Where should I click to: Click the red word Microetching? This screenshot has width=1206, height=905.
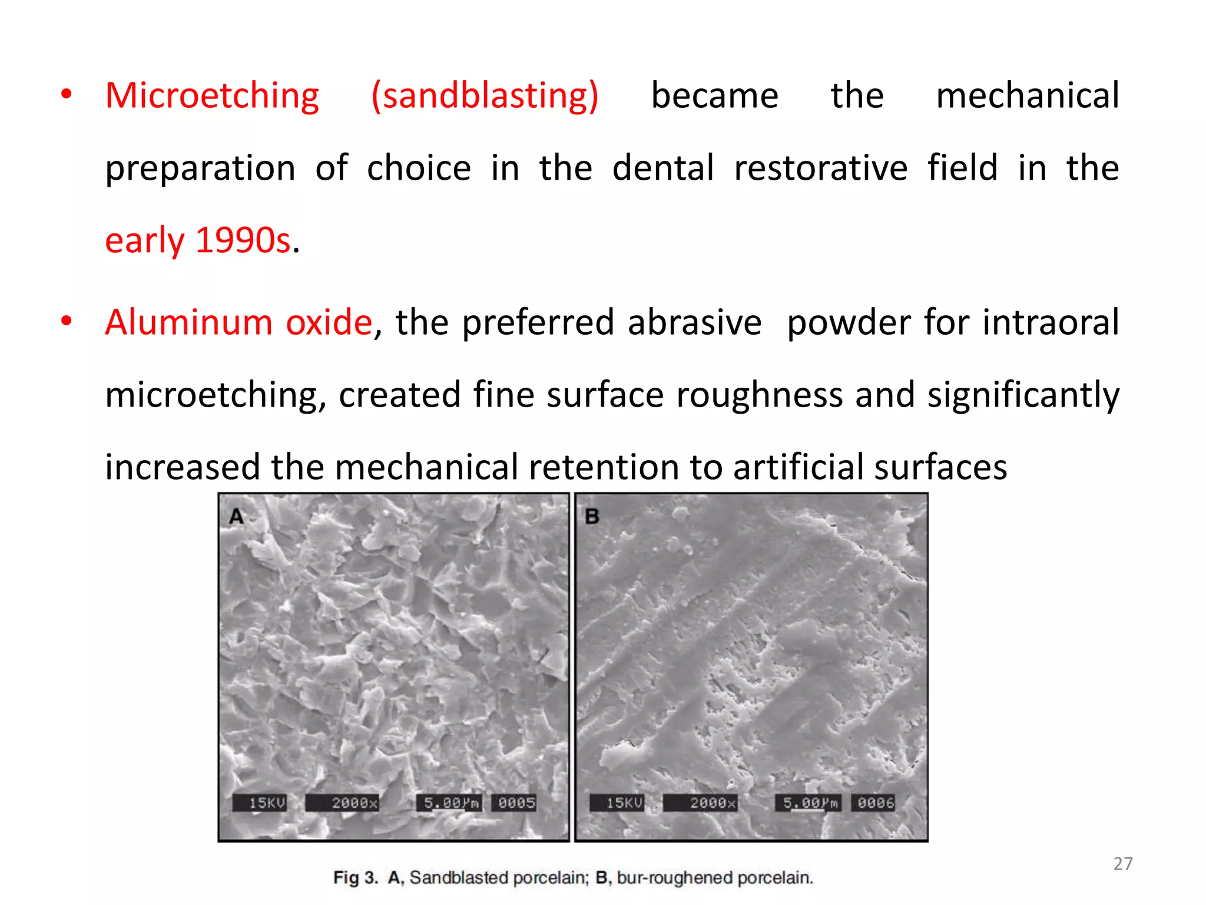(x=212, y=96)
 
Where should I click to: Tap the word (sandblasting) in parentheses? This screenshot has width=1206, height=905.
(x=485, y=96)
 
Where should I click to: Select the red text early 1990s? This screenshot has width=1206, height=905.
(x=198, y=241)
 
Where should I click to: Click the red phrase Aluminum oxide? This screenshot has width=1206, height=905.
(x=238, y=323)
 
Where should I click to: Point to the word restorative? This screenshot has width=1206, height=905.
(x=820, y=168)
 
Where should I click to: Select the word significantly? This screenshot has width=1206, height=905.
(x=1023, y=395)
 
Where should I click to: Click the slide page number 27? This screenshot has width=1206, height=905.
(x=1122, y=864)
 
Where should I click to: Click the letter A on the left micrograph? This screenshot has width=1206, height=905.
(x=237, y=517)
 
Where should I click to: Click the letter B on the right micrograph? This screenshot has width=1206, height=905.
(x=592, y=517)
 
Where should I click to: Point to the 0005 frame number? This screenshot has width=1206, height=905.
(x=516, y=803)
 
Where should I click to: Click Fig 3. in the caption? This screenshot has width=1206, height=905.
(x=355, y=878)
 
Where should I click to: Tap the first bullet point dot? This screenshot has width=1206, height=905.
(x=67, y=94)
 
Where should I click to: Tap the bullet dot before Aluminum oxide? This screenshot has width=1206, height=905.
(x=67, y=321)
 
